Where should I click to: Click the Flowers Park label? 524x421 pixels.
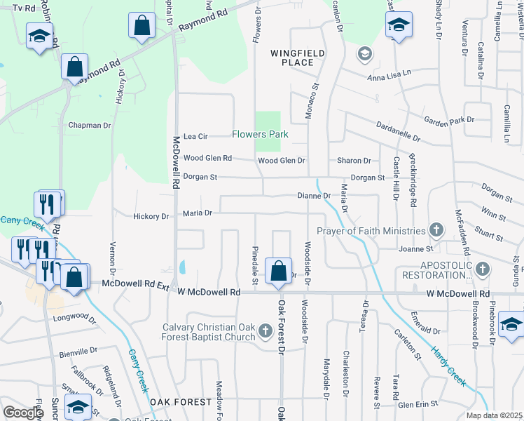(261, 134)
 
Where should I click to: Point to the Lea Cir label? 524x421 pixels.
(195, 136)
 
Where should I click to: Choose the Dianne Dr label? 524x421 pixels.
(313, 196)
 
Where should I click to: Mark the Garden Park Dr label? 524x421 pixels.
(449, 120)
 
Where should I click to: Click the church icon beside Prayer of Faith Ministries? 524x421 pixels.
(436, 230)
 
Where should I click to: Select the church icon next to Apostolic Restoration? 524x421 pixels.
(482, 269)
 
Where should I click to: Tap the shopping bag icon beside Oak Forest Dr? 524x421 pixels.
(279, 270)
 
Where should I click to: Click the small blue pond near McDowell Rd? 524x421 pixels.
(183, 267)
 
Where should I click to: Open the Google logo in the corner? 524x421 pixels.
(22, 413)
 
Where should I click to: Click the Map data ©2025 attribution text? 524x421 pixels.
(494, 415)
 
